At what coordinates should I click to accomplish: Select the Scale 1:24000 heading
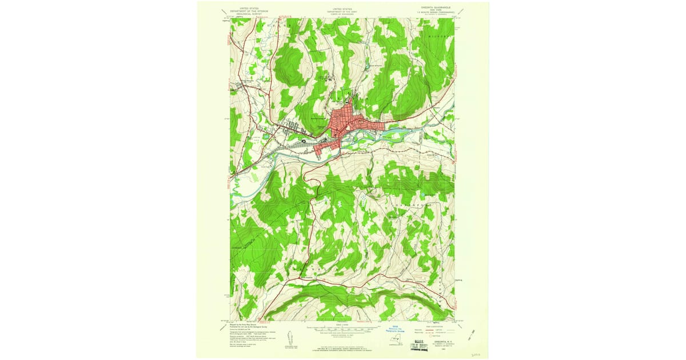pyautogui.click(x=342, y=324)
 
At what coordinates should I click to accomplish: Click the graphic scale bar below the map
pyautogui.click(x=342, y=330)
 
